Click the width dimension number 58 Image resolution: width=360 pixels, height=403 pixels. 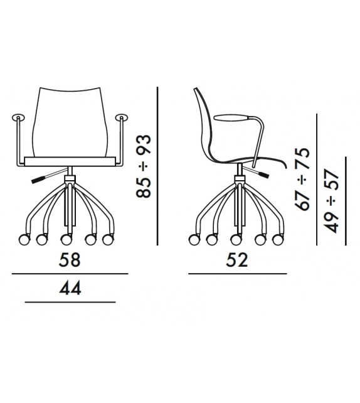pyautogui.click(x=70, y=260)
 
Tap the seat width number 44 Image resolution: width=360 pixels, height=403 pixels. pyautogui.click(x=70, y=288)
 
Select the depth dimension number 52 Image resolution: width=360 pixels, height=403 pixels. pyautogui.click(x=237, y=260)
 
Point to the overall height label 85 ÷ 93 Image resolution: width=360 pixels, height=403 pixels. pyautogui.click(x=143, y=166)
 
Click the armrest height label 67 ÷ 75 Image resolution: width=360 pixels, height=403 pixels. pyautogui.click(x=302, y=179)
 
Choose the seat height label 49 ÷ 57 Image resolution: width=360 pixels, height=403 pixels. pyautogui.click(x=331, y=201)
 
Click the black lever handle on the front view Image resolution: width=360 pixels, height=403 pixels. pyautogui.click(x=37, y=180)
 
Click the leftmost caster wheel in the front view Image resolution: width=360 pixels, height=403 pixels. pyautogui.click(x=24, y=240)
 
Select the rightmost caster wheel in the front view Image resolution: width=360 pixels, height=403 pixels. pyautogui.click(x=108, y=240)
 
